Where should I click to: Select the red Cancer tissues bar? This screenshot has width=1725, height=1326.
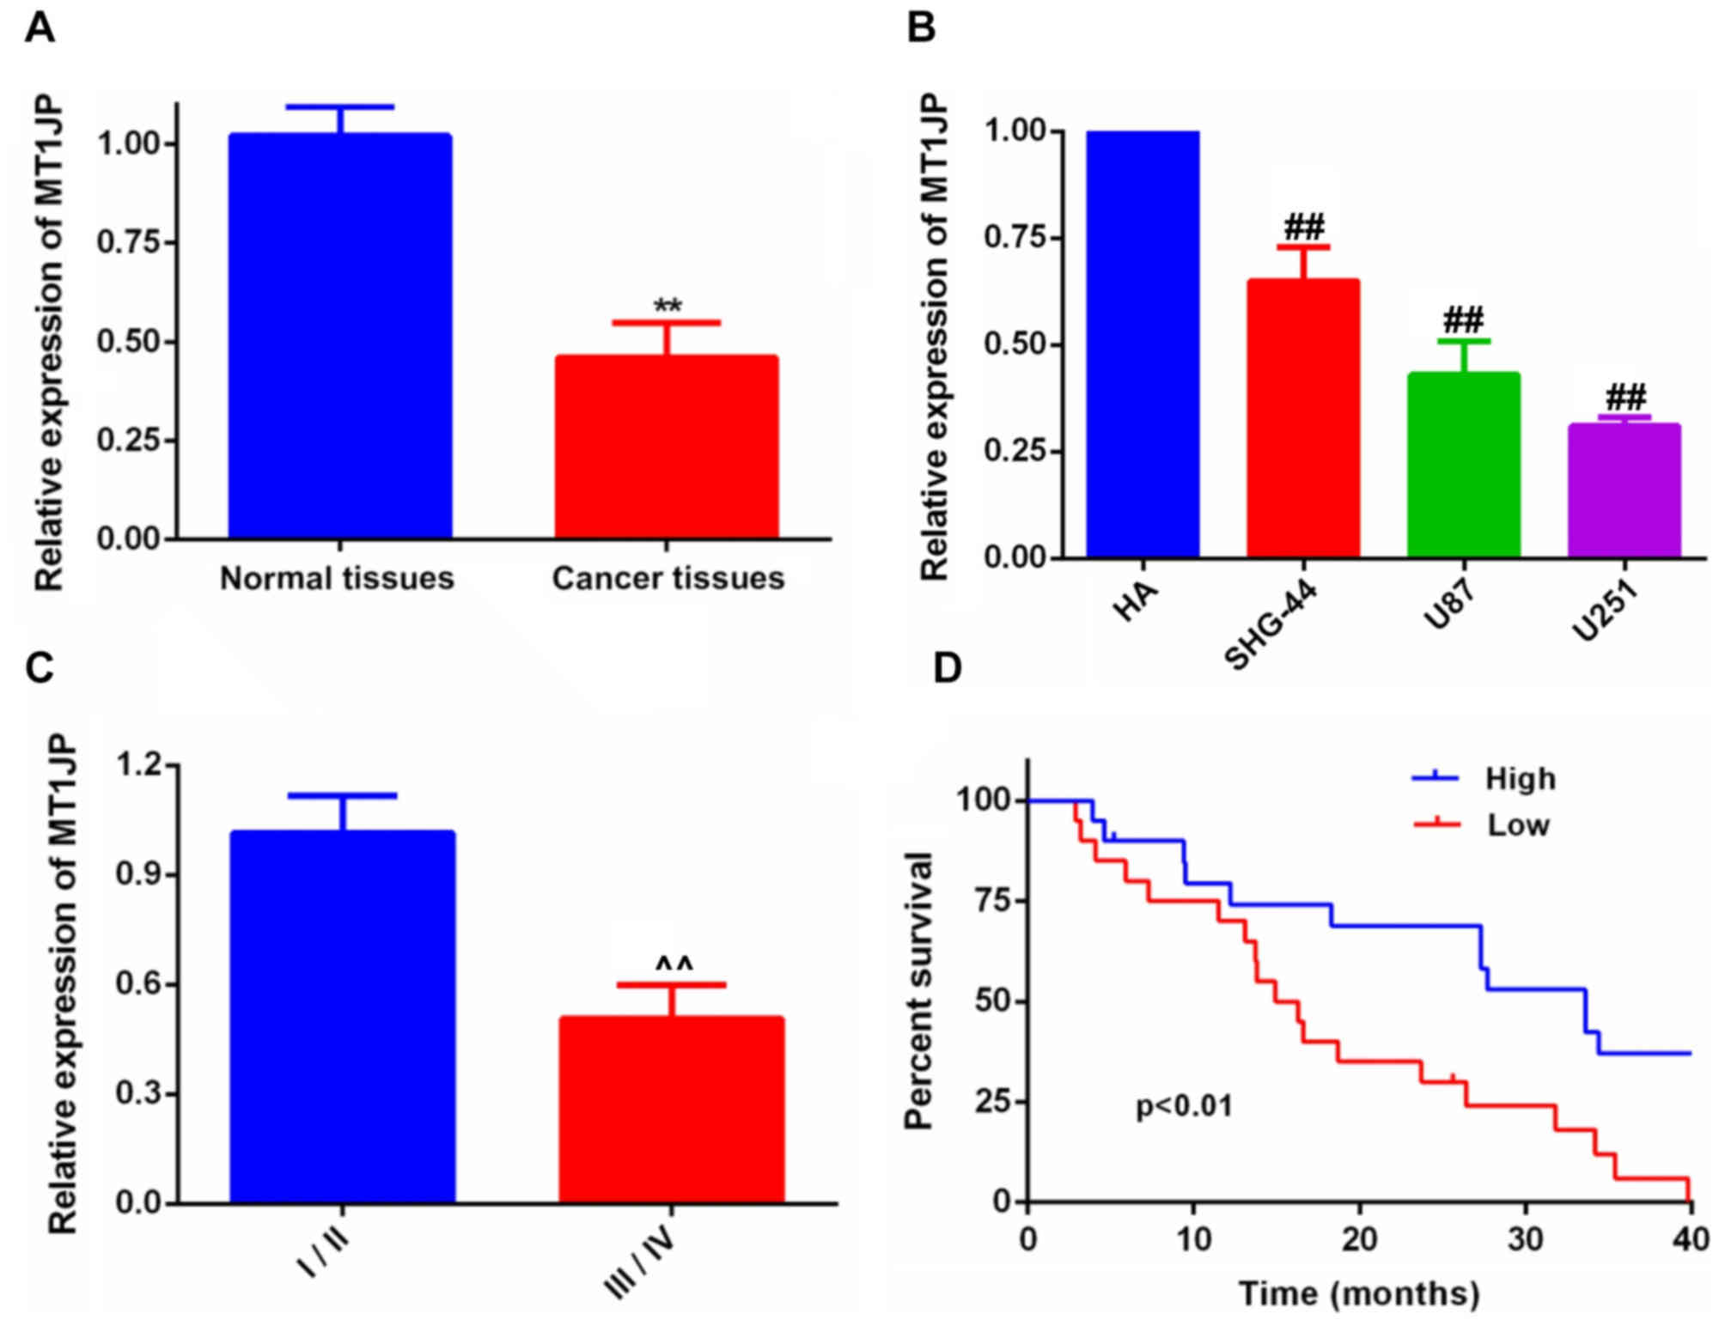pyautogui.click(x=667, y=447)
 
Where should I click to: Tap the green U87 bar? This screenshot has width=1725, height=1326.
pyautogui.click(x=1463, y=465)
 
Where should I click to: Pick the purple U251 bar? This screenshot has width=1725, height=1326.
pyautogui.click(x=1624, y=491)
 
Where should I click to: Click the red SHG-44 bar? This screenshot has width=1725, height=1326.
pyautogui.click(x=1303, y=418)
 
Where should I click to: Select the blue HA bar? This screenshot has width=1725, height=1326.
pyautogui.click(x=1143, y=344)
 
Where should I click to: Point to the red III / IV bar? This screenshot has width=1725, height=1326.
pyautogui.click(x=671, y=1110)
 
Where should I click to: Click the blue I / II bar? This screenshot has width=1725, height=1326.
pyautogui.click(x=342, y=1016)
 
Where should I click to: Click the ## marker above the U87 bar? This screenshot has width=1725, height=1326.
pyautogui.click(x=1463, y=321)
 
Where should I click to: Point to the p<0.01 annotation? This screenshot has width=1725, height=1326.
pyautogui.click(x=1184, y=1106)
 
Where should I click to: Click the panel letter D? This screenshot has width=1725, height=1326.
pyautogui.click(x=947, y=668)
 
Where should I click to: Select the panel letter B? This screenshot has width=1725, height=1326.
pyautogui.click(x=921, y=28)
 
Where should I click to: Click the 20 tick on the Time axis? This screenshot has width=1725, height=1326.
pyautogui.click(x=1359, y=1239)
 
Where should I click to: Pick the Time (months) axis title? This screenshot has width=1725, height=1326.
pyautogui.click(x=1359, y=1293)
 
